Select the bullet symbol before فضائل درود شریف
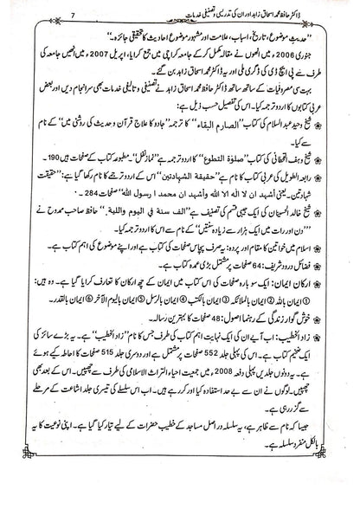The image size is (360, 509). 336,265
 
